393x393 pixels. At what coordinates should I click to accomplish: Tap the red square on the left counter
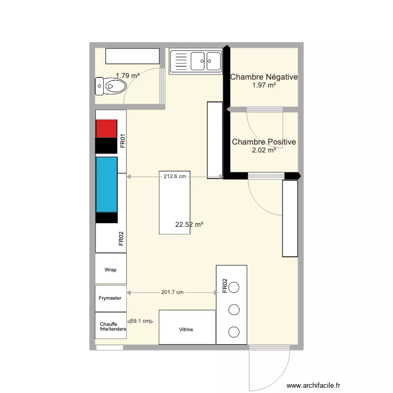click(x=106, y=128)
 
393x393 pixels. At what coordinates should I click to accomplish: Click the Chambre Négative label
click(x=264, y=78)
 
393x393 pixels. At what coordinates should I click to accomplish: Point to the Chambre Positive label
click(x=264, y=142)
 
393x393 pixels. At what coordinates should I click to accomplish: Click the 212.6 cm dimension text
click(x=175, y=177)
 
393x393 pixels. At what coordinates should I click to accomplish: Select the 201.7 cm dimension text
click(x=172, y=292)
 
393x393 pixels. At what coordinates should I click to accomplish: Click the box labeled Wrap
click(x=111, y=269)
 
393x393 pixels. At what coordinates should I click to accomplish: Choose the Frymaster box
click(x=111, y=298)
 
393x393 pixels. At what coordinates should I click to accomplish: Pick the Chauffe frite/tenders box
click(x=111, y=326)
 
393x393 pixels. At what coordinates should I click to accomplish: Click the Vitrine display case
click(x=187, y=329)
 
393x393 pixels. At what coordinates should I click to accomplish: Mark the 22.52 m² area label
click(x=189, y=224)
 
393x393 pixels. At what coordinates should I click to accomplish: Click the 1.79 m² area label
click(x=127, y=76)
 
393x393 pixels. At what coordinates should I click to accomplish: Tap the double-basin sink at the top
click(x=196, y=60)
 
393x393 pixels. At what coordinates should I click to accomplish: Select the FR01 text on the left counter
click(x=122, y=141)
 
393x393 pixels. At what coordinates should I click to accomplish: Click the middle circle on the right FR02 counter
click(x=234, y=309)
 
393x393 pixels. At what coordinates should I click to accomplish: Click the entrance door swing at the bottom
click(x=269, y=369)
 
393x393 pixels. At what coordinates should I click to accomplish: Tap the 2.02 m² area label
click(x=264, y=150)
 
